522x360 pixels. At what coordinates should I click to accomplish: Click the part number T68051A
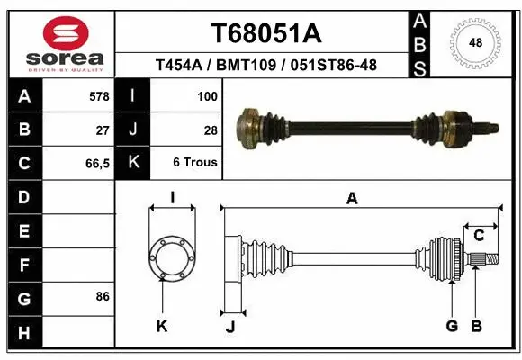coord(265,33)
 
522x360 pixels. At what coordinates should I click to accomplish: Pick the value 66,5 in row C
coord(97,163)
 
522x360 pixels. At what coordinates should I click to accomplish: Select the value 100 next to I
coord(206,95)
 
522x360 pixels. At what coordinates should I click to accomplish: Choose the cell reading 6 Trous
coord(195,163)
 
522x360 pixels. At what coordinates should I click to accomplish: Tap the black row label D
coord(23,196)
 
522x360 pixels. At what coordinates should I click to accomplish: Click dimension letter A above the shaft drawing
coord(352,199)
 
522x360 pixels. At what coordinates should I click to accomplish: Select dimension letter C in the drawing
coord(480,235)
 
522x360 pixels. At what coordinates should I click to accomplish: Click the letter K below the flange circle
coord(162,326)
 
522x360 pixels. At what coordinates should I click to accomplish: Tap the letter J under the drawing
coord(230,327)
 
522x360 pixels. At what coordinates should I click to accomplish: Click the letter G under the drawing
coord(452,326)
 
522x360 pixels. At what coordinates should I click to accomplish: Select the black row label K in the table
coord(133,163)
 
